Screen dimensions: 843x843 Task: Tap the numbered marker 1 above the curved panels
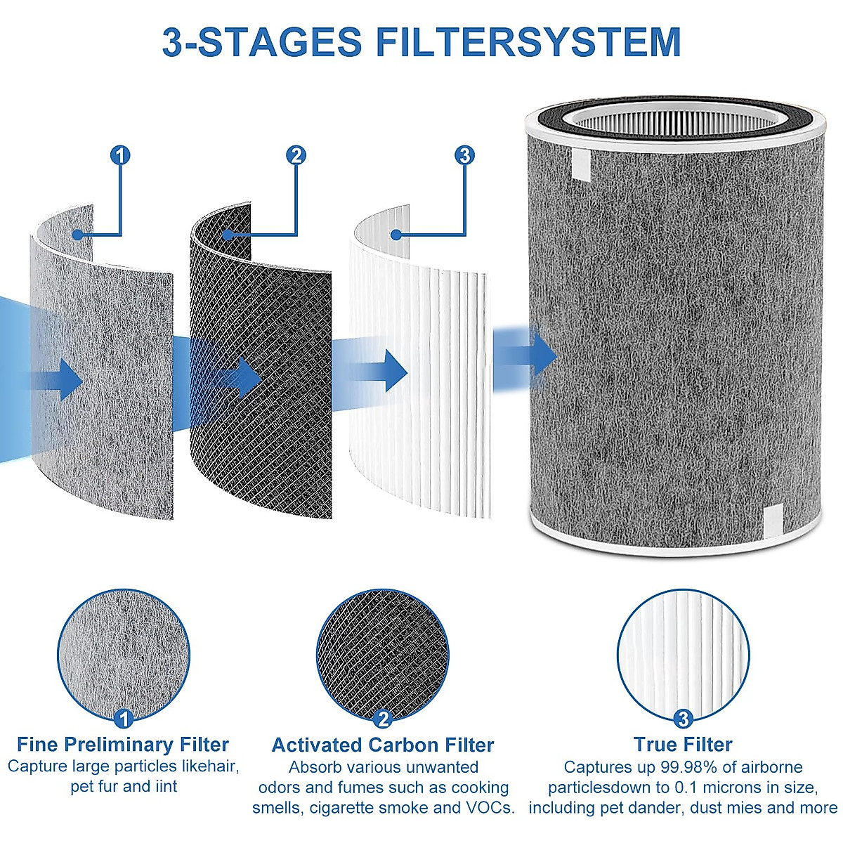point(121,155)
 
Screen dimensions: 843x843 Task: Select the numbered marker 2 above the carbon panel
point(296,155)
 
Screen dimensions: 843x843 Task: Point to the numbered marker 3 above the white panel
point(464,155)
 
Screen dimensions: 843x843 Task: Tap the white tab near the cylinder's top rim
point(582,163)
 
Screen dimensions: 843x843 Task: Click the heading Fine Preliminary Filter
point(123,745)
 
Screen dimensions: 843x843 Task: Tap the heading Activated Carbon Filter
point(383,745)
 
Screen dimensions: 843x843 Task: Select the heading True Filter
point(683,745)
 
